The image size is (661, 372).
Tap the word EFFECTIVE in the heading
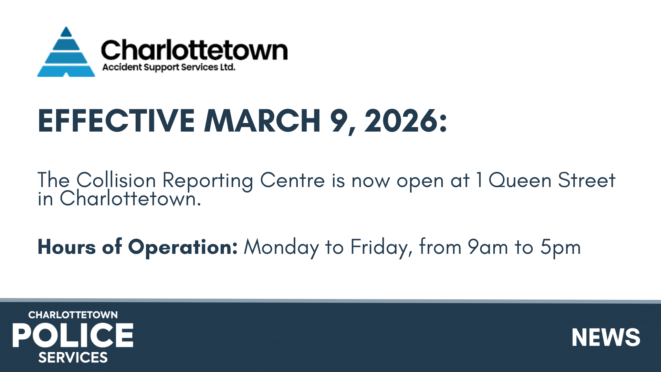coord(116,121)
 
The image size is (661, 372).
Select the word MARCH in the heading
coord(262,121)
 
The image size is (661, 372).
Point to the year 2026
coord(402,121)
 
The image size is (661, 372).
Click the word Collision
coord(116,180)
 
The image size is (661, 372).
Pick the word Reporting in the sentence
coord(208,180)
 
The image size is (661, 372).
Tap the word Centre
coord(292,180)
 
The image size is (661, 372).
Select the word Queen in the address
coord(520,180)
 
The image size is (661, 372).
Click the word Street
coord(587,180)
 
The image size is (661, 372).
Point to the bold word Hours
coord(67,247)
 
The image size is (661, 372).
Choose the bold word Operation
coord(183,247)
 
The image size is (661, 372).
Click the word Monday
coord(281,247)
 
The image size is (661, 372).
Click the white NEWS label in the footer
coord(606,337)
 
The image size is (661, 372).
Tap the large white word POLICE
coord(73,335)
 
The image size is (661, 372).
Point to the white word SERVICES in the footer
coord(73,358)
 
